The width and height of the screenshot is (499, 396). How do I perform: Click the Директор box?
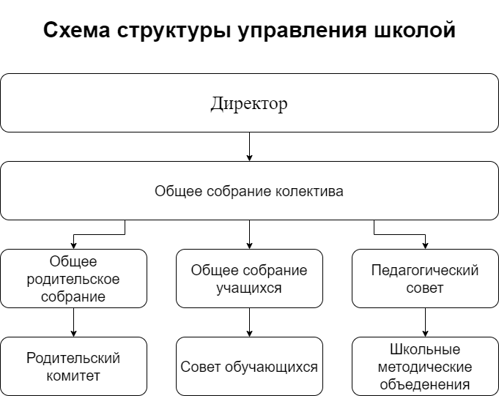click(249, 102)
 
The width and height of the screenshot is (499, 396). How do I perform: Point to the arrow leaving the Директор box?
click(249, 146)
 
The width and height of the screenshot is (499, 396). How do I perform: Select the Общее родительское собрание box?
click(73, 278)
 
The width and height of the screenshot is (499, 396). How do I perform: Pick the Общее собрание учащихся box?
click(249, 278)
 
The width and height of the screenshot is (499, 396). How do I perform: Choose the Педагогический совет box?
click(425, 278)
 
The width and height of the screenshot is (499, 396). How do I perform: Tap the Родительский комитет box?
click(73, 366)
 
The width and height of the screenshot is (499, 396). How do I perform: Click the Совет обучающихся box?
click(249, 366)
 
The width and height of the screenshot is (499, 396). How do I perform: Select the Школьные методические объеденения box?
click(425, 366)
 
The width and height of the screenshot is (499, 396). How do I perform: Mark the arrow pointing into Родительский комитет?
click(73, 322)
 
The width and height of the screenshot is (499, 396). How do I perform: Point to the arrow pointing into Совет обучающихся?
click(249, 322)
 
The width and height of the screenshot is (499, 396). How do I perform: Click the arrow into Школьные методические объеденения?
click(425, 322)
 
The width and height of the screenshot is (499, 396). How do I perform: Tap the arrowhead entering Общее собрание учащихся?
click(249, 245)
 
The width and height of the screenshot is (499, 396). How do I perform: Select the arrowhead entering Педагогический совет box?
click(425, 245)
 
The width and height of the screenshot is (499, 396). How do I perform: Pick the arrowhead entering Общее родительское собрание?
click(73, 245)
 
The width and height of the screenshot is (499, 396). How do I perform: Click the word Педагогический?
click(425, 270)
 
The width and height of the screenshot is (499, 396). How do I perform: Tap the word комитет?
click(73, 376)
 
